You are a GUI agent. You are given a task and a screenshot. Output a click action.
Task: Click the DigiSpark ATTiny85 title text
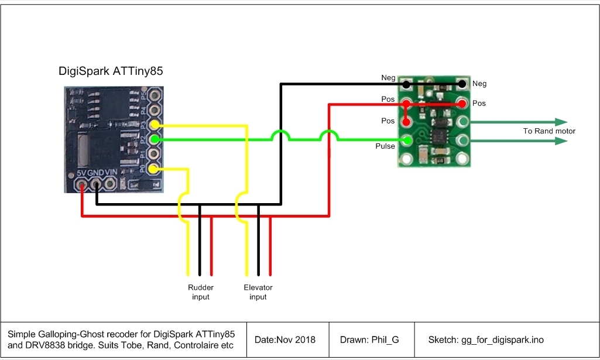[x=111, y=72]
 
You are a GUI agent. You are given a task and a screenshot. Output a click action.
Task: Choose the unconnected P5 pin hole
[x=155, y=95]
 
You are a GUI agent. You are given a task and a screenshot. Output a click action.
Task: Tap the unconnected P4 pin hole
[x=155, y=109]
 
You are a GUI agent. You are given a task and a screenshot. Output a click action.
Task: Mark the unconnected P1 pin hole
[x=155, y=154]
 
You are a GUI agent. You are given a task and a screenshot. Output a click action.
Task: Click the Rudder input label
[x=200, y=292]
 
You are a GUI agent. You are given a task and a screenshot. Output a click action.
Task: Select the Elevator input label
[x=258, y=292]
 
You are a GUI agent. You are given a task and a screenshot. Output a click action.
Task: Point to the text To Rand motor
[x=548, y=131]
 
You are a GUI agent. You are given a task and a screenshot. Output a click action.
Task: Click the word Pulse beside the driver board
[x=385, y=146]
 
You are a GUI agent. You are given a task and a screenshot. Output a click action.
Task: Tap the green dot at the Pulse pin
[x=407, y=140]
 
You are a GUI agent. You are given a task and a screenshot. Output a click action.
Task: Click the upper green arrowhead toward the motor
[x=561, y=122]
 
